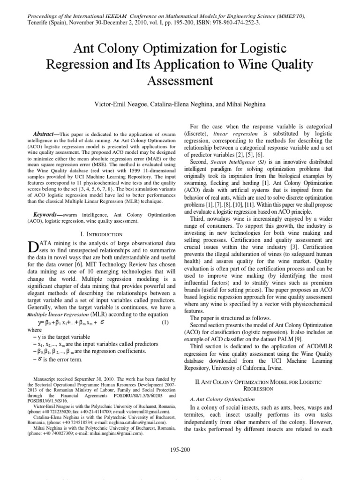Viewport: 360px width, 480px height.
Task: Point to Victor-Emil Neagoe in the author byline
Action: [124, 103]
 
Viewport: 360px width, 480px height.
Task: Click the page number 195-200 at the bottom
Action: [180, 450]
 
